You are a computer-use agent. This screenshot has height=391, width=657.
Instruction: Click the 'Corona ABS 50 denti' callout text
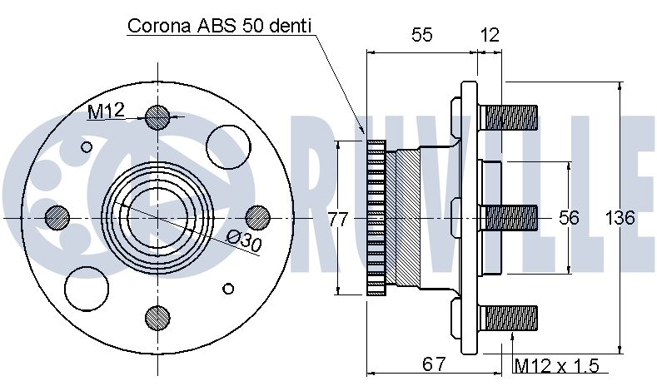point(220,26)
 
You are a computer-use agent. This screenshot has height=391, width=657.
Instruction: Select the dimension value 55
point(421,34)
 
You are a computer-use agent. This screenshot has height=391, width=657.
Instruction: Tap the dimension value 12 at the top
point(490,35)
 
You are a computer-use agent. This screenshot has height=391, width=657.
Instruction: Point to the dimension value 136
point(620,218)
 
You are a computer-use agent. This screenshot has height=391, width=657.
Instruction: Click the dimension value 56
point(569,218)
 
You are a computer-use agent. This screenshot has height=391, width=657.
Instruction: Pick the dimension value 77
point(338,219)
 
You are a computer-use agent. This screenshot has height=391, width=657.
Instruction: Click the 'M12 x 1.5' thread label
point(556,366)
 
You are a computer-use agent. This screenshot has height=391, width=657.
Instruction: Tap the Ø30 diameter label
point(244,242)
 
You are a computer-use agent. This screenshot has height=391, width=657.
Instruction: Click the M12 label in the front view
point(107,111)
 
